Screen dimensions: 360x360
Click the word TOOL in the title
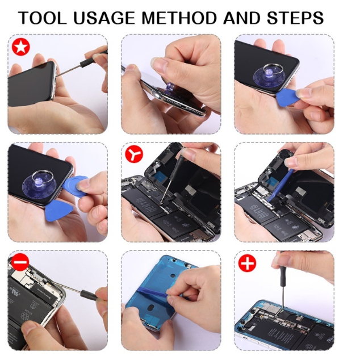tap(43, 18)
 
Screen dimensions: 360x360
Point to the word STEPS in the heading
tap(295, 18)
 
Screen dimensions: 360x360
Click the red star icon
tap(21, 47)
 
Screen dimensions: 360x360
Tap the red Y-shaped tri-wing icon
tap(134, 154)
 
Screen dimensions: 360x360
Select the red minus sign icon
tap(20, 262)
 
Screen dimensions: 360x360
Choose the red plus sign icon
tap(247, 263)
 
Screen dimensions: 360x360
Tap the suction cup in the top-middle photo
tap(171, 89)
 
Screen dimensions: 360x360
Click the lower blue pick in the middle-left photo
tap(59, 210)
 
